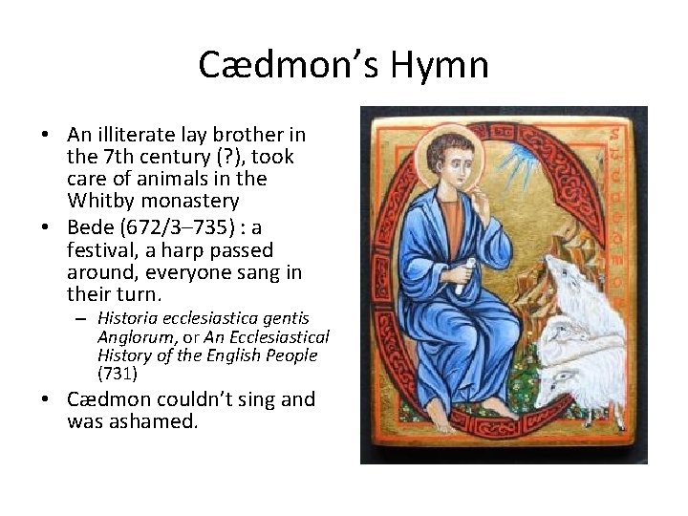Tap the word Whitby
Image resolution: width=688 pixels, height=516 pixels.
click(100, 201)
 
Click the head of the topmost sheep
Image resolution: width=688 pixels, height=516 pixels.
click(573, 277)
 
